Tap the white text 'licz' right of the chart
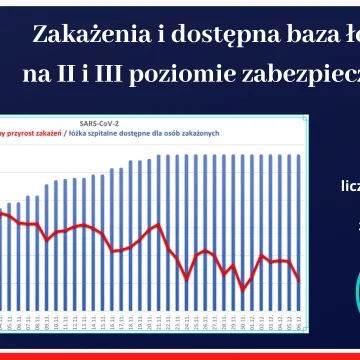(350, 185)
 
